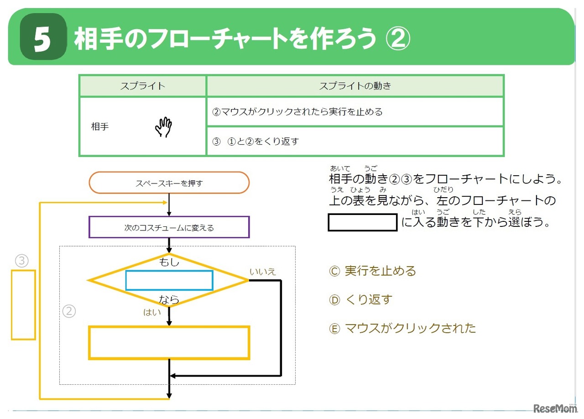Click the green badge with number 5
43,38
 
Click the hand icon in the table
163,127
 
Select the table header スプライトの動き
355,86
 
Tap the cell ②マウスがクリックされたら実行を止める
355,112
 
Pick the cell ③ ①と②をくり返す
355,141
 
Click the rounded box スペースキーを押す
169,183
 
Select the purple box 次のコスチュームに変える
169,227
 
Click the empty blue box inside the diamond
169,280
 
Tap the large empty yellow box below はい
169,342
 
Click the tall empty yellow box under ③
23,304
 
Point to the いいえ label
263,272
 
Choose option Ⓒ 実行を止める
372,271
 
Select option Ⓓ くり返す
360,300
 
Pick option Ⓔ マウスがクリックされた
402,328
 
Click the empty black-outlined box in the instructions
363,222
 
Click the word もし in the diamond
169,262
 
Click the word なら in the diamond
169,300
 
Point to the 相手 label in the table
100,127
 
